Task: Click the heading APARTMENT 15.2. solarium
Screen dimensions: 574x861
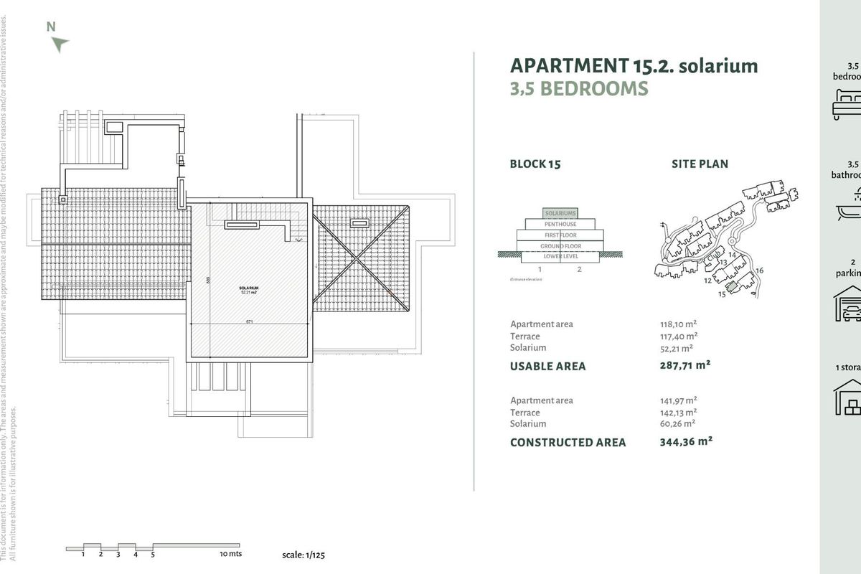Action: [x=634, y=66]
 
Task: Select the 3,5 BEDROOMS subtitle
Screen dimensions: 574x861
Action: [x=579, y=89]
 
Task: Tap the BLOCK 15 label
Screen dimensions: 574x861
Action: [x=535, y=164]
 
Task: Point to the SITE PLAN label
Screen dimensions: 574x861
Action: [x=700, y=164]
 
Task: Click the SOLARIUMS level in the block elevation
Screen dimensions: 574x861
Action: [x=560, y=214]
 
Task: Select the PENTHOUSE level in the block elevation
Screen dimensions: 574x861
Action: [x=560, y=225]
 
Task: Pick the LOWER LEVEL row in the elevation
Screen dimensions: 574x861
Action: [x=560, y=256]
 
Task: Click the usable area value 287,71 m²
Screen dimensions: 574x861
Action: [x=684, y=365]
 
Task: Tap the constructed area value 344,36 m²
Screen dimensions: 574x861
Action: [x=685, y=442]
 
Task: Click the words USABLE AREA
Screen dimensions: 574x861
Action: [x=547, y=366]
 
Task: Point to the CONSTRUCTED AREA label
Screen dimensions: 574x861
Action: [x=568, y=443]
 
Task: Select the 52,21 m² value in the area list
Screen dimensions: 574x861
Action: [x=676, y=349]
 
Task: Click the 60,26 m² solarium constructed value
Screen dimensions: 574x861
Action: [x=676, y=424]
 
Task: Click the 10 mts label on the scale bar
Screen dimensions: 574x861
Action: [x=230, y=554]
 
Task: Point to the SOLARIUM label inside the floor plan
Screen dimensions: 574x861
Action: [x=249, y=288]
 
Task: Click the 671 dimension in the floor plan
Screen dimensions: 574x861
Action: [x=249, y=322]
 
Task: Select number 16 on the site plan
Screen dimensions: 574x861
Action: [x=759, y=270]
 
